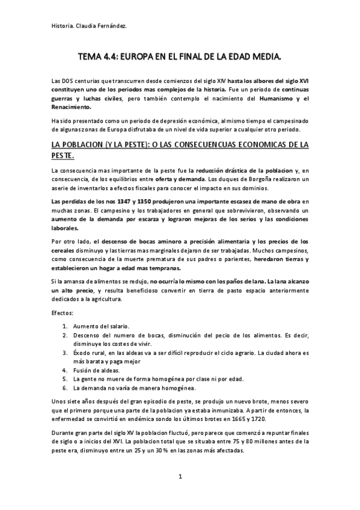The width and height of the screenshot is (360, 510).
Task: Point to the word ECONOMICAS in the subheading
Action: pos(238,145)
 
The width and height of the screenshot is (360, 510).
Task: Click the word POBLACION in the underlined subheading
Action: pos(88,145)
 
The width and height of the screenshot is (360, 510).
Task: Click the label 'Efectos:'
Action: pos(63,313)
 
